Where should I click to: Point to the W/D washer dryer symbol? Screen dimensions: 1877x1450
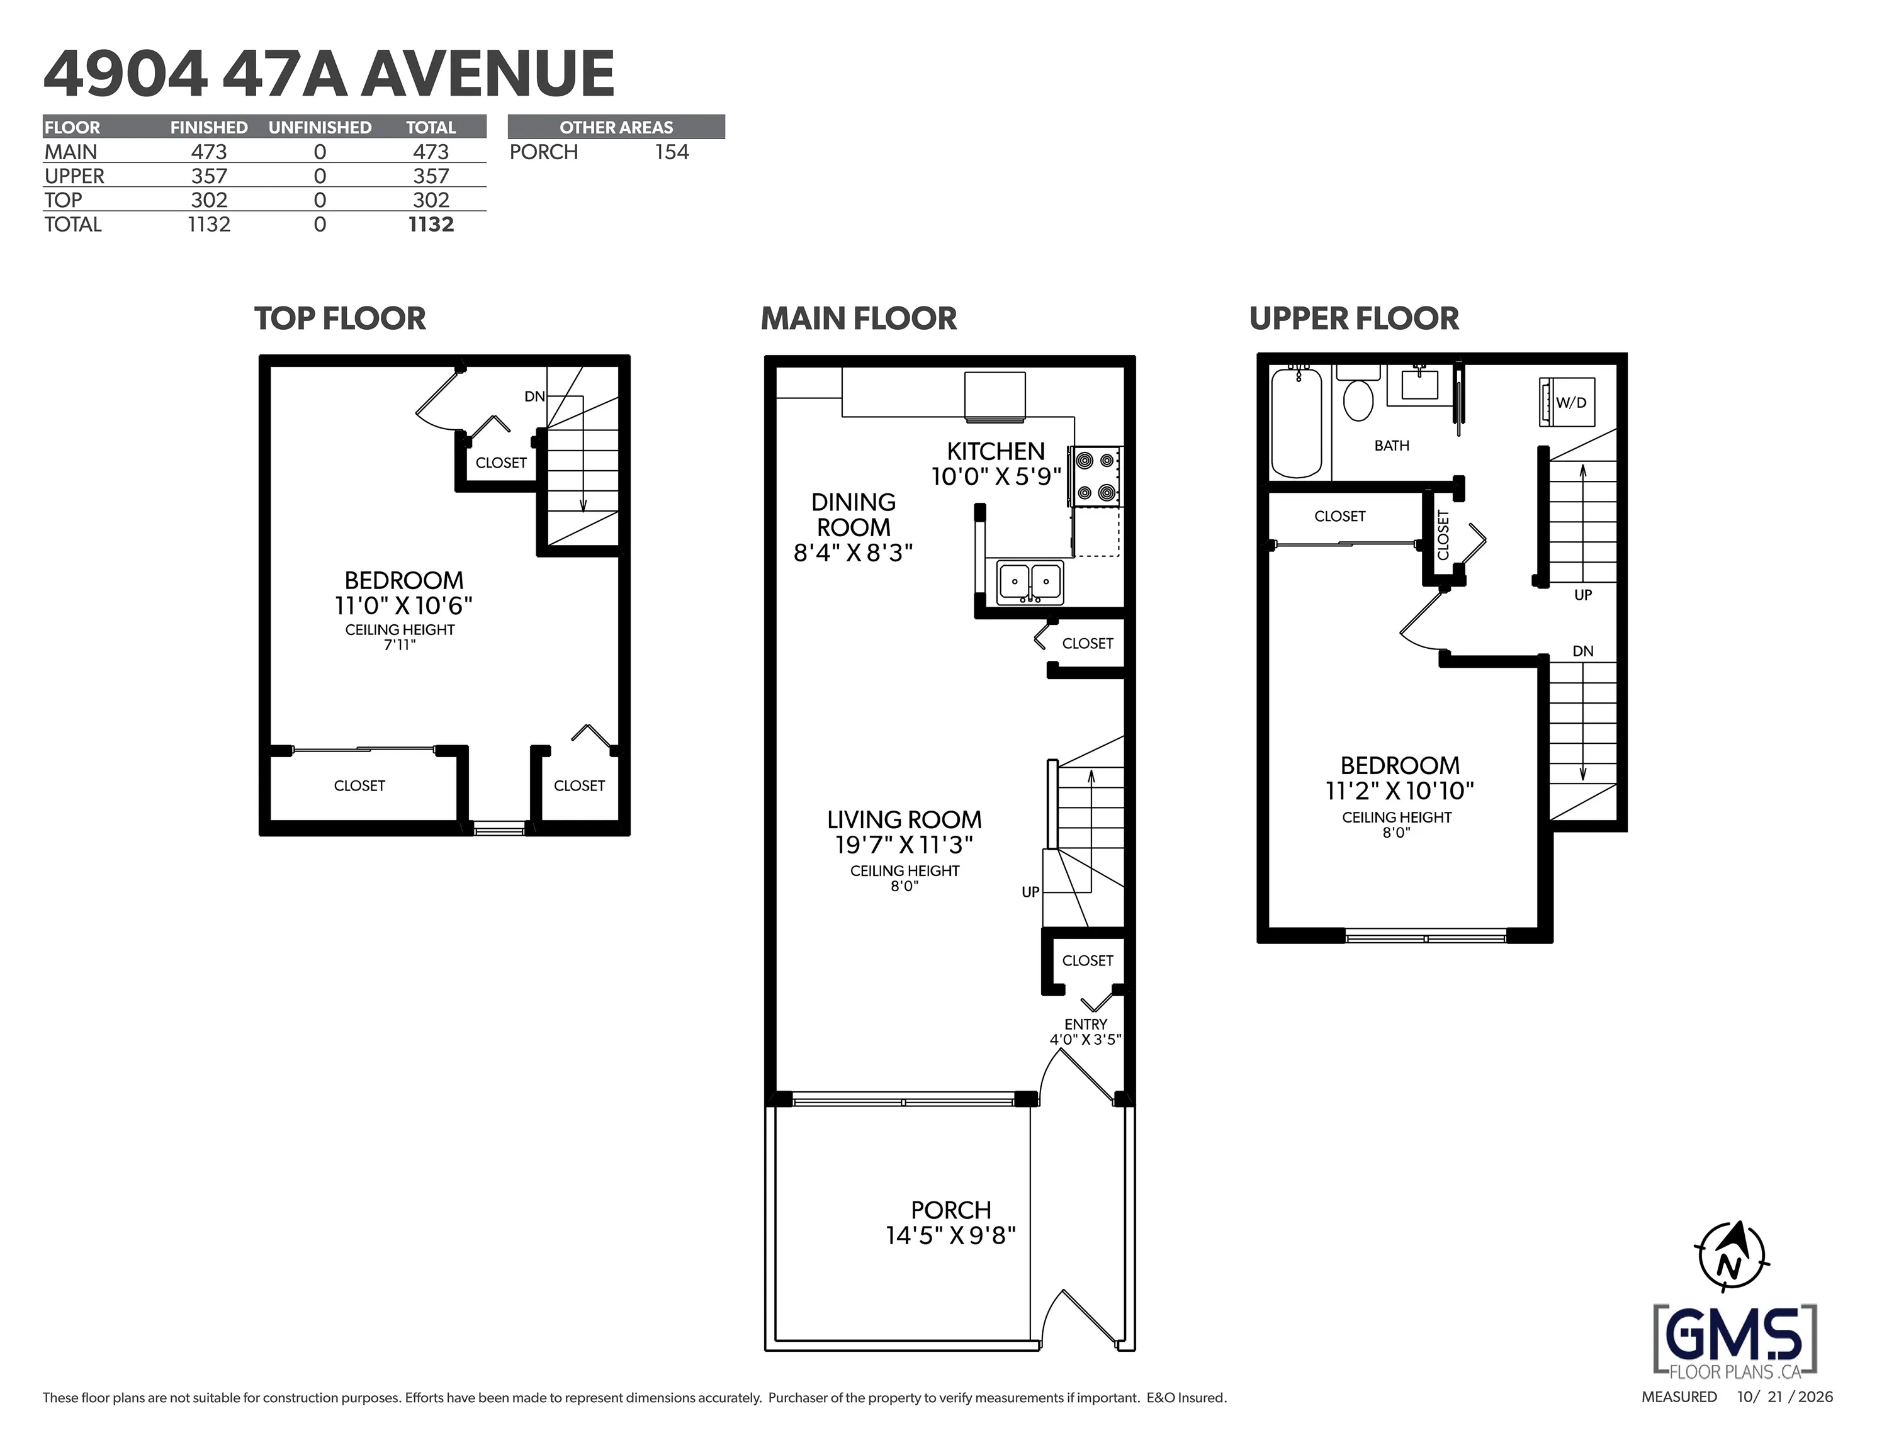tap(1567, 402)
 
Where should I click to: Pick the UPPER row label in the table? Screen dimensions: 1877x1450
tap(75, 176)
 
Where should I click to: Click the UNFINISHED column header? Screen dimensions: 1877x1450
tap(320, 127)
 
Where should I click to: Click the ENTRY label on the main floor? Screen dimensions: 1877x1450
tap(1085, 1025)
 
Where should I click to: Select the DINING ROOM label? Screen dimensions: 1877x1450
tap(854, 515)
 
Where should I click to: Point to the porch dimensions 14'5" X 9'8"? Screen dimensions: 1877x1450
tap(951, 1236)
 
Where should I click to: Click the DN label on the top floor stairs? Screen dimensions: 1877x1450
tap(534, 396)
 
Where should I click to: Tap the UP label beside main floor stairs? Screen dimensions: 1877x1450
tap(1030, 892)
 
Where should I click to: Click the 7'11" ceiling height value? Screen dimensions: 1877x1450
tap(400, 644)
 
